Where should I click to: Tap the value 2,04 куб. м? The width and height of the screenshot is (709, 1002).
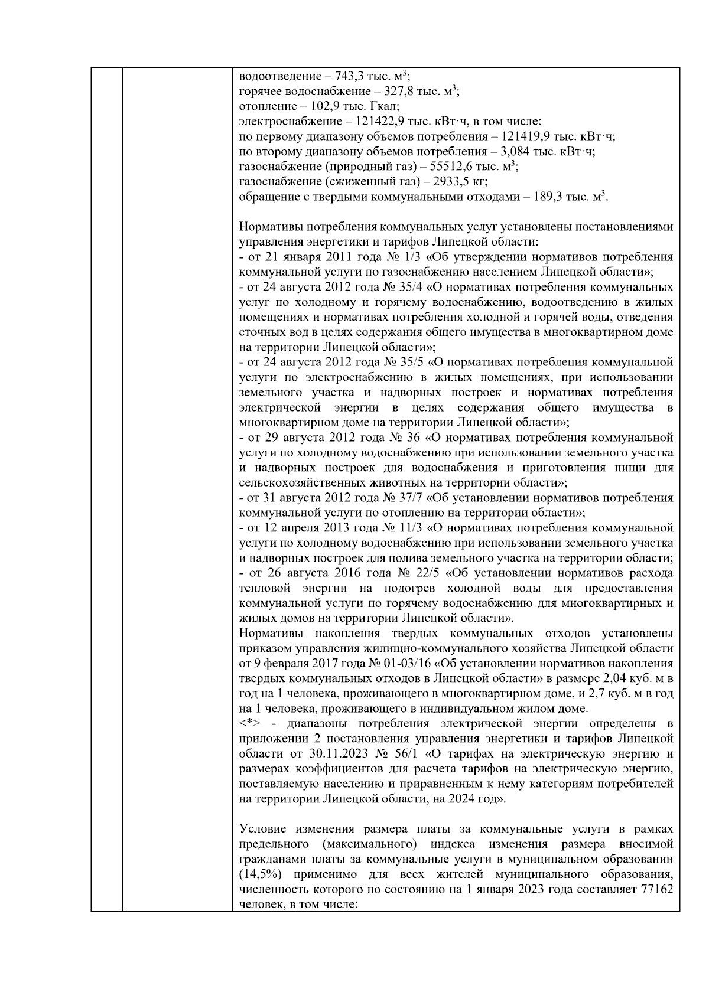(636, 678)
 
